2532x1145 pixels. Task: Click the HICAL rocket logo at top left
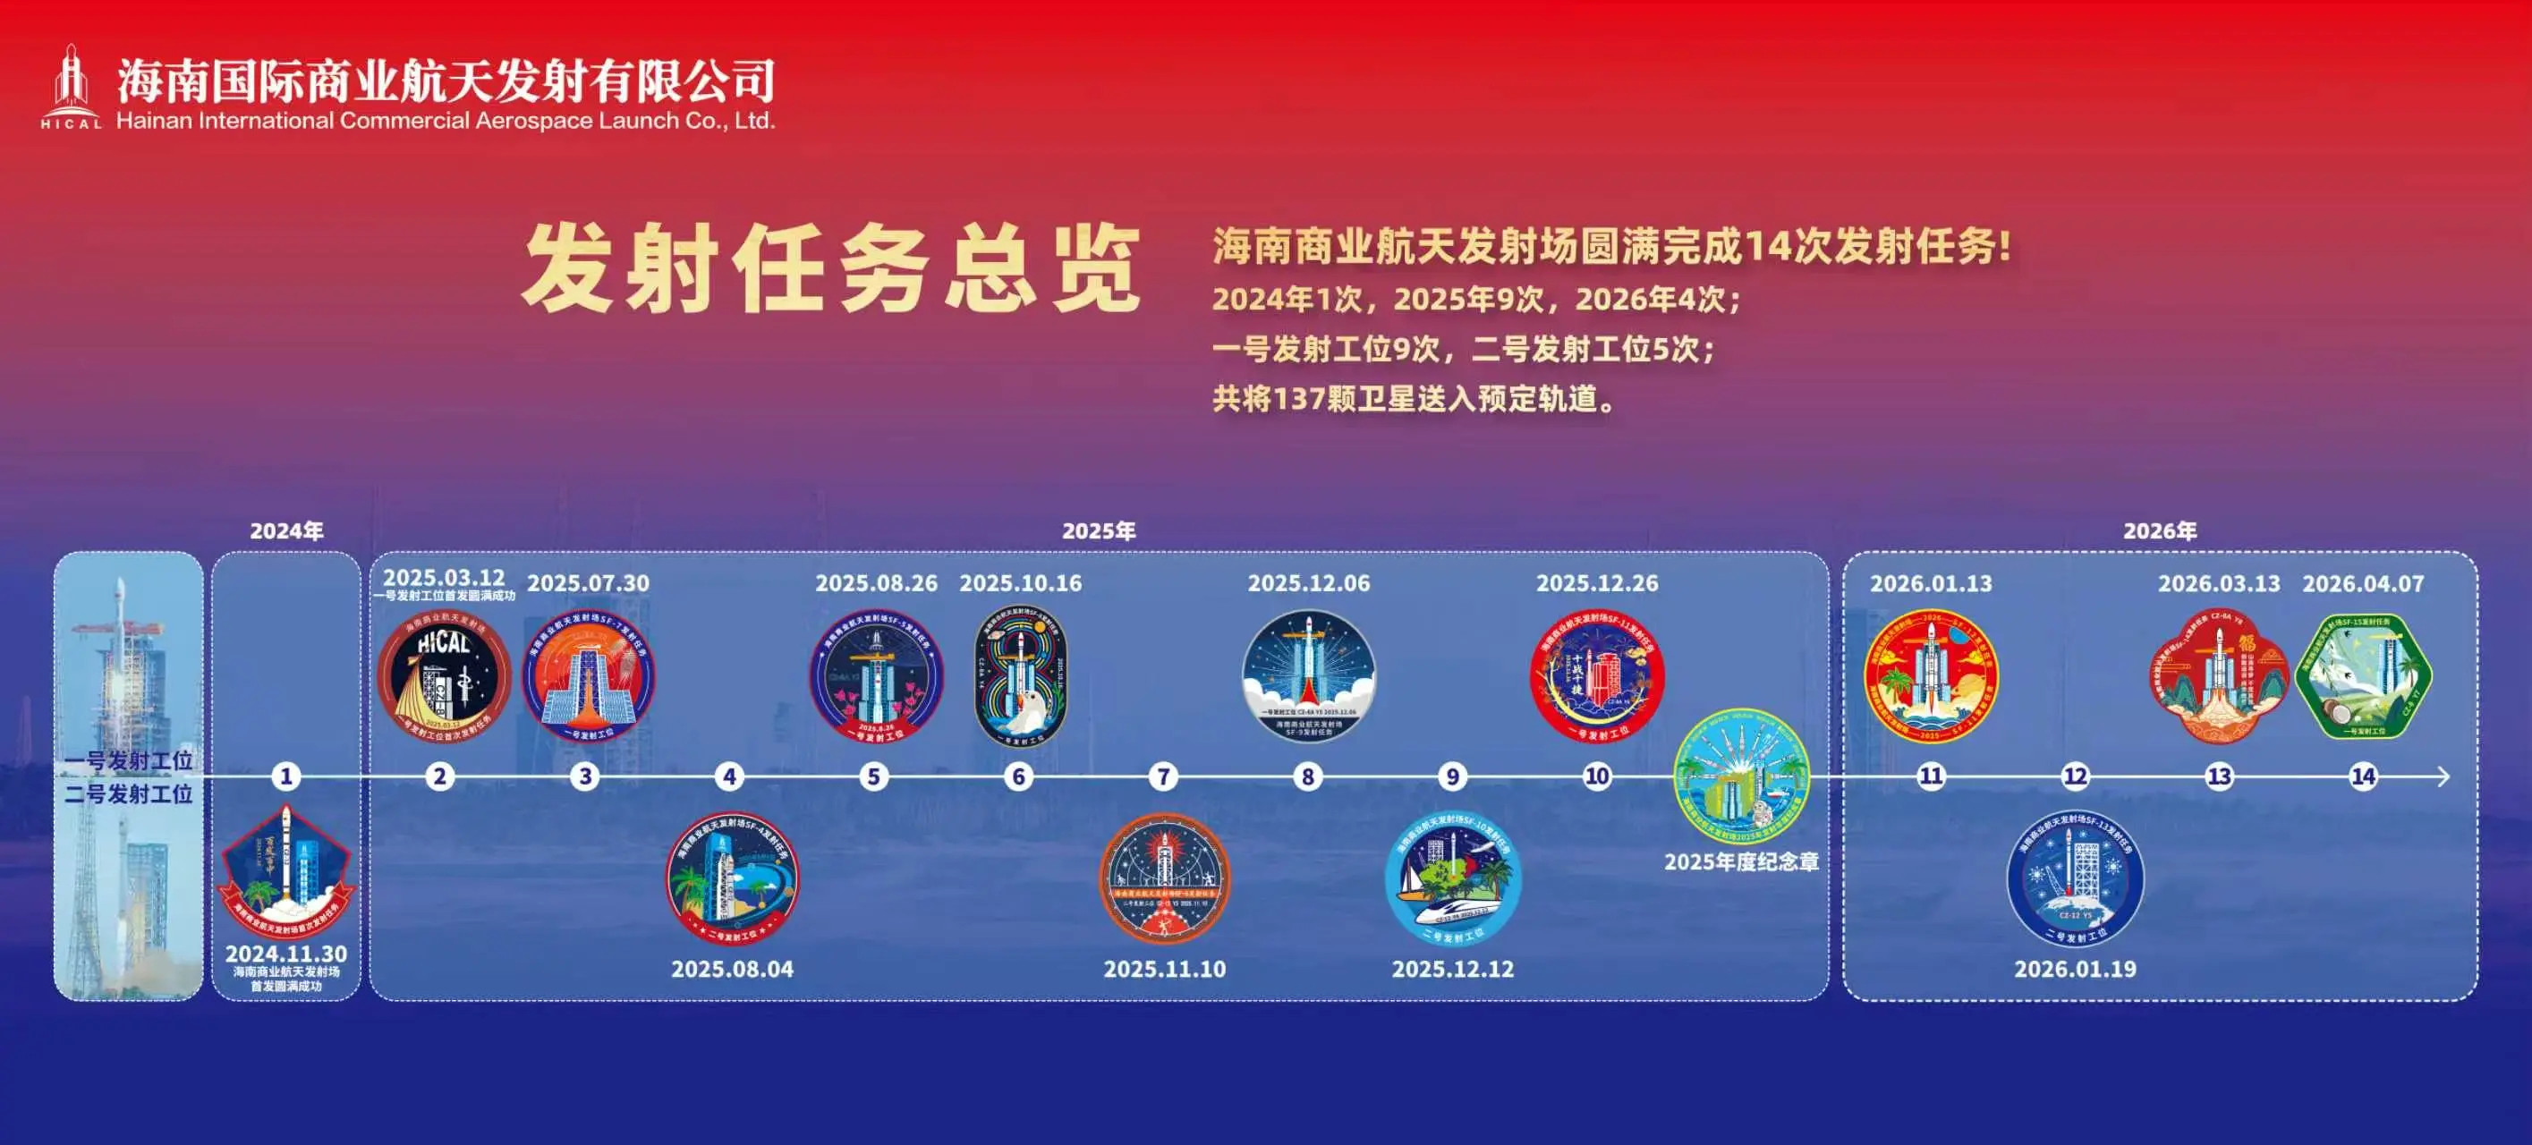[x=71, y=87]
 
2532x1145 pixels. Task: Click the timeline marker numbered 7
[x=1163, y=776]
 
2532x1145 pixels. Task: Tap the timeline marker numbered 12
[x=2075, y=776]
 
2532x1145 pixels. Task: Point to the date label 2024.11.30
[x=286, y=954]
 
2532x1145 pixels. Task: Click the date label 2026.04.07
[x=2363, y=583]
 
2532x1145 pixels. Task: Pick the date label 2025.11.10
[x=1165, y=969]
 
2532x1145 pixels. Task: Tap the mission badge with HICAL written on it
[x=445, y=677]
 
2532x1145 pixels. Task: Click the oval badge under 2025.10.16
[x=1019, y=676]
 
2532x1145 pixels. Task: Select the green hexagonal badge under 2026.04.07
[x=2364, y=676]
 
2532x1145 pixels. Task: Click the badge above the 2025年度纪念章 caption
[x=1741, y=776]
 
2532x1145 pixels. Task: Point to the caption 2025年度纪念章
[x=1741, y=862]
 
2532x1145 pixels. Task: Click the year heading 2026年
[x=2160, y=530]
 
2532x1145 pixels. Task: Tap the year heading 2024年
[x=286, y=530]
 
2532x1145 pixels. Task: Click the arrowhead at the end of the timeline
[x=2443, y=776]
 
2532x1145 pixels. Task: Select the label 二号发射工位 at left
[x=129, y=793]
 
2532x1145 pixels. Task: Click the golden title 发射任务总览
[x=830, y=268]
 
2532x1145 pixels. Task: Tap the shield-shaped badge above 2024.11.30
[x=286, y=870]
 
